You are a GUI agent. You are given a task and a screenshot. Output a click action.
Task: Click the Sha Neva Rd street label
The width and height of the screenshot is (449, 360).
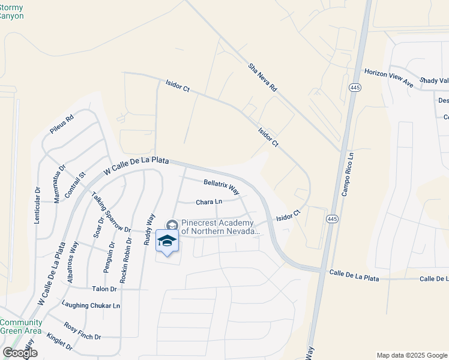(263, 77)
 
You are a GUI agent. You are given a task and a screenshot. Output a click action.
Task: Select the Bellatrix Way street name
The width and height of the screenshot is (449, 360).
(221, 187)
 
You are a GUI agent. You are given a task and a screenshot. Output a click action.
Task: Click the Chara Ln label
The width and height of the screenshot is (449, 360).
(209, 202)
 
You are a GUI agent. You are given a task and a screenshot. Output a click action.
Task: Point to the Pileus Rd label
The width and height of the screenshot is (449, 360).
(61, 124)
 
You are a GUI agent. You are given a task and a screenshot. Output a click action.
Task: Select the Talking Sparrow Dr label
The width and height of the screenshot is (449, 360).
(110, 212)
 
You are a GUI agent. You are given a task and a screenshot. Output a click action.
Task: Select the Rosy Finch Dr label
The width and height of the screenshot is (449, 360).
(83, 331)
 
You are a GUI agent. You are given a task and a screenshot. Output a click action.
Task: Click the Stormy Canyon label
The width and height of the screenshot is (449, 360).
(12, 11)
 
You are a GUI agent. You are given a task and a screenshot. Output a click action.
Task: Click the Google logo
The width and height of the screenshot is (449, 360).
(19, 352)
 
